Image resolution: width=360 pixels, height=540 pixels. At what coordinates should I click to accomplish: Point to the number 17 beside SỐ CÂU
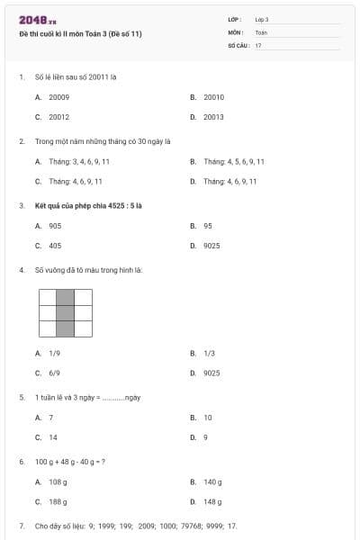pyautogui.click(x=258, y=44)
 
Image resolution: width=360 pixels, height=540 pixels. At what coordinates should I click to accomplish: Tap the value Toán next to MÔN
pyautogui.click(x=261, y=31)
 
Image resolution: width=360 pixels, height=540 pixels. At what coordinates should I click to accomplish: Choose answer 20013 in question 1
pyautogui.click(x=213, y=117)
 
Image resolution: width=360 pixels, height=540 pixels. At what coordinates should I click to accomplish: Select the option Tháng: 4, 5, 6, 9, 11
pyautogui.click(x=234, y=161)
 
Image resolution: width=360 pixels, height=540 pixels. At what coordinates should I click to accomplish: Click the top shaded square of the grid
pyautogui.click(x=65, y=298)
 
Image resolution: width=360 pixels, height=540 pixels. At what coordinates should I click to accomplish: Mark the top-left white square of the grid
pyautogui.click(x=47, y=298)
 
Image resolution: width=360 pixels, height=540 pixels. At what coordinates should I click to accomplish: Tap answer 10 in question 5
pyautogui.click(x=208, y=418)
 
